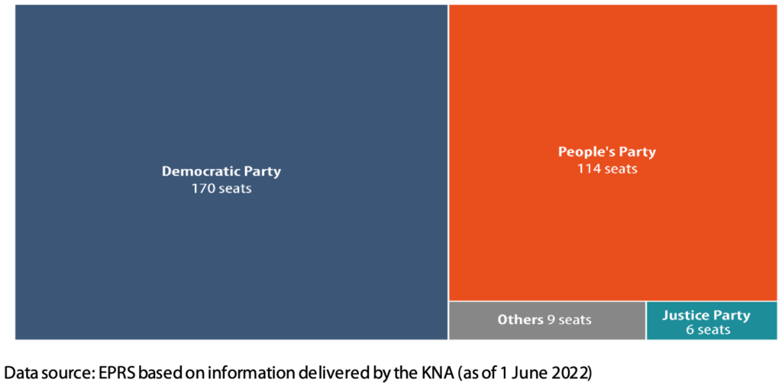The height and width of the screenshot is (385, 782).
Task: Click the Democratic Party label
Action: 221,171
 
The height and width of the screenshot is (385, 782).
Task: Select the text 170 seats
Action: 221,188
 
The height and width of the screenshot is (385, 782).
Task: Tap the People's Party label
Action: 606,151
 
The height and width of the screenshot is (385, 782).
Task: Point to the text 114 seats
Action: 606,168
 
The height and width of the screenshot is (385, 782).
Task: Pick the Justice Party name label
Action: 706,315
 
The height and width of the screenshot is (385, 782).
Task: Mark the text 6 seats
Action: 707,330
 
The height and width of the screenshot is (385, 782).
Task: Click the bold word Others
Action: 520,319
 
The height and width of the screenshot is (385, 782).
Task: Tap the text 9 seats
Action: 569,319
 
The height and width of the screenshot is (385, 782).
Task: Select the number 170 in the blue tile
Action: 202,188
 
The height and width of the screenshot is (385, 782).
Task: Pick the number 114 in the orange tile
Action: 589,168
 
